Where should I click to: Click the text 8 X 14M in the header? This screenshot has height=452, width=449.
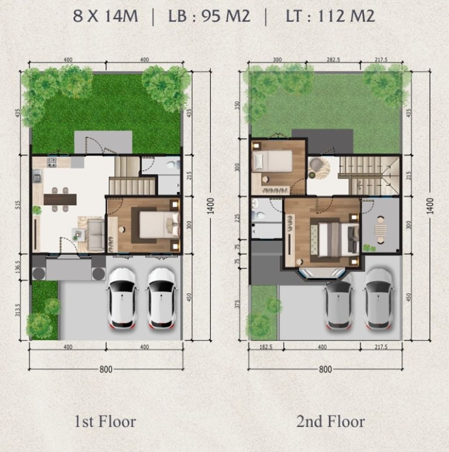tap(105, 17)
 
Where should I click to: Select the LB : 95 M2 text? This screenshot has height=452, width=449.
tap(209, 17)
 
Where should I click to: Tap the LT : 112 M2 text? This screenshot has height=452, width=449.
tap(330, 17)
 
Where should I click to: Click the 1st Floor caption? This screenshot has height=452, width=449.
tap(105, 421)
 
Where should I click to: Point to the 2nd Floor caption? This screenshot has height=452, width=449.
tap(330, 421)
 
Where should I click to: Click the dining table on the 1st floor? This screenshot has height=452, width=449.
tap(60, 199)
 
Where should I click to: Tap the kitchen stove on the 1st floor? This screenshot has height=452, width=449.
tap(52, 162)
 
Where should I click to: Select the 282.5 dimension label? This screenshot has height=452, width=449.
tap(333, 60)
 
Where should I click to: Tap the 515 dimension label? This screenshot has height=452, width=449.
tap(18, 204)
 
